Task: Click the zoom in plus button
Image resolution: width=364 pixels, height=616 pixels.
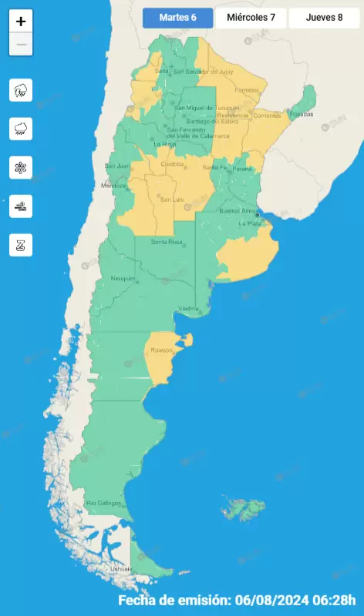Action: [x=21, y=22]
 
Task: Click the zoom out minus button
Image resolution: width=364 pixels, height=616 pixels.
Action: [x=21, y=45]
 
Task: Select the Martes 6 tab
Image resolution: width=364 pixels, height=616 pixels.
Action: [x=177, y=18]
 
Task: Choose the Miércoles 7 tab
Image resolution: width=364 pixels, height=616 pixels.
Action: [x=251, y=18]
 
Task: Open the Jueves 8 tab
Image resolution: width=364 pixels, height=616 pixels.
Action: [x=324, y=18]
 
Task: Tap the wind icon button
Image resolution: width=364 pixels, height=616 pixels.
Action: [x=21, y=206]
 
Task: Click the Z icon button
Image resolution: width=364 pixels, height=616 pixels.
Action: [x=21, y=245]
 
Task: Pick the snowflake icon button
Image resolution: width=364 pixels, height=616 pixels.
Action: [x=21, y=167]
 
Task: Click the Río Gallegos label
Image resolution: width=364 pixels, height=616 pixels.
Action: [x=103, y=504]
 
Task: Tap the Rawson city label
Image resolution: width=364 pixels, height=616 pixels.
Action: [x=162, y=351]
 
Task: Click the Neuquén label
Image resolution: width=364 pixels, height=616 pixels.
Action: [x=123, y=278]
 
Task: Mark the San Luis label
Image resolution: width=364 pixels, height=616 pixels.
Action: [x=170, y=199]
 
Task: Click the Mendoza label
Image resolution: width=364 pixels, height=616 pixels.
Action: [x=113, y=186]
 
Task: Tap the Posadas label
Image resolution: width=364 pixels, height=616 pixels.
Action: [x=303, y=114]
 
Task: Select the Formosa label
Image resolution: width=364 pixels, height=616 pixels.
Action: [x=247, y=90]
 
